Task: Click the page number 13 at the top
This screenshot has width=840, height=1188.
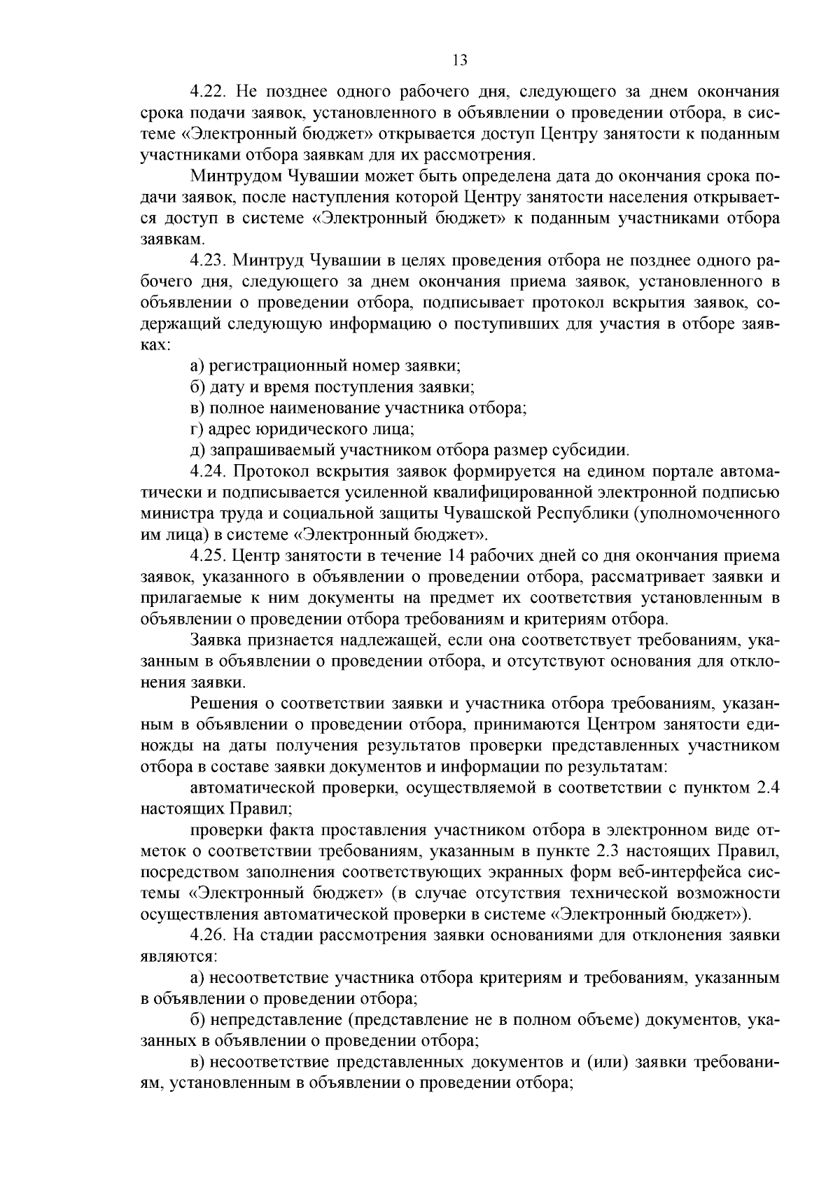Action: (460, 60)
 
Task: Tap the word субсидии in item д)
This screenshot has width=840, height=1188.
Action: (600, 450)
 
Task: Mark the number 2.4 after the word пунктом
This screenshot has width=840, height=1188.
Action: (767, 788)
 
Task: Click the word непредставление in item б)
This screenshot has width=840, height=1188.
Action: (272, 1020)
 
